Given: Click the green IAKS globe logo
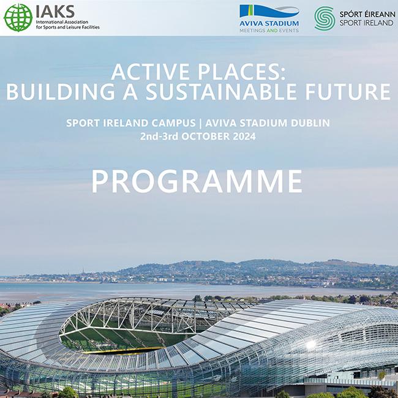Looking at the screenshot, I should coord(18,17).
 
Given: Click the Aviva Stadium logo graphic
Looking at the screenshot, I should coord(269,12).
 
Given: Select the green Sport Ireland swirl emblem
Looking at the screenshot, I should coord(324,18).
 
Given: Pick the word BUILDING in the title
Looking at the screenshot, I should coord(59,92).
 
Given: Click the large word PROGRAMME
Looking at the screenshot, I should coord(197,181).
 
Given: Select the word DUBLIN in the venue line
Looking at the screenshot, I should coord(307,123).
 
